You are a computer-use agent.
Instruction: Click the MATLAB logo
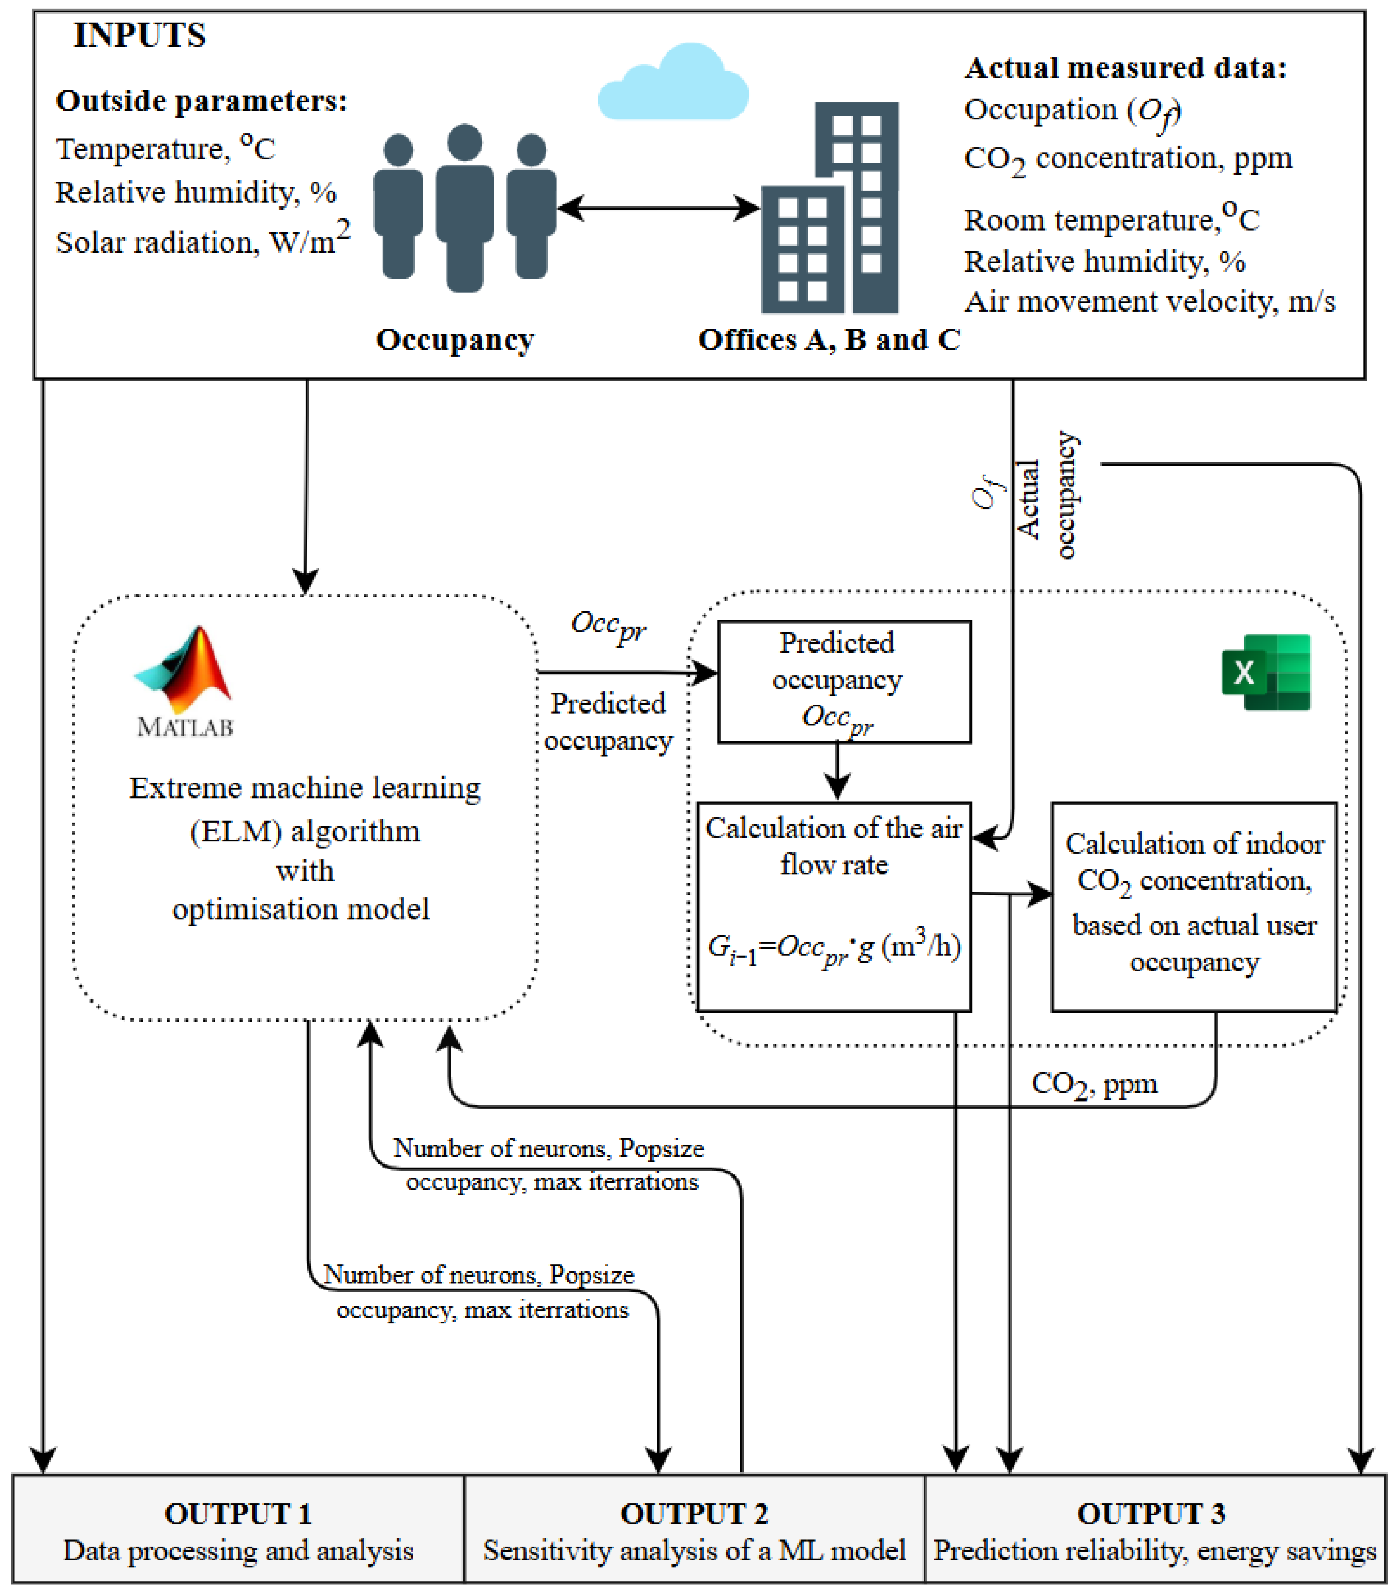pyautogui.click(x=184, y=681)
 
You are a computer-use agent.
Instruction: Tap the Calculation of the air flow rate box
pyautogui.click(x=834, y=907)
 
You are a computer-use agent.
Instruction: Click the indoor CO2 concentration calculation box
pyautogui.click(x=1194, y=907)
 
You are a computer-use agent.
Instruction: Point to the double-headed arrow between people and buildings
pyautogui.click(x=659, y=208)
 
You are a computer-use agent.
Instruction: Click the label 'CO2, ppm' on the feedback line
pyautogui.click(x=1094, y=1084)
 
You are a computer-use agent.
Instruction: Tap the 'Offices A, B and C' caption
pyautogui.click(x=829, y=340)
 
